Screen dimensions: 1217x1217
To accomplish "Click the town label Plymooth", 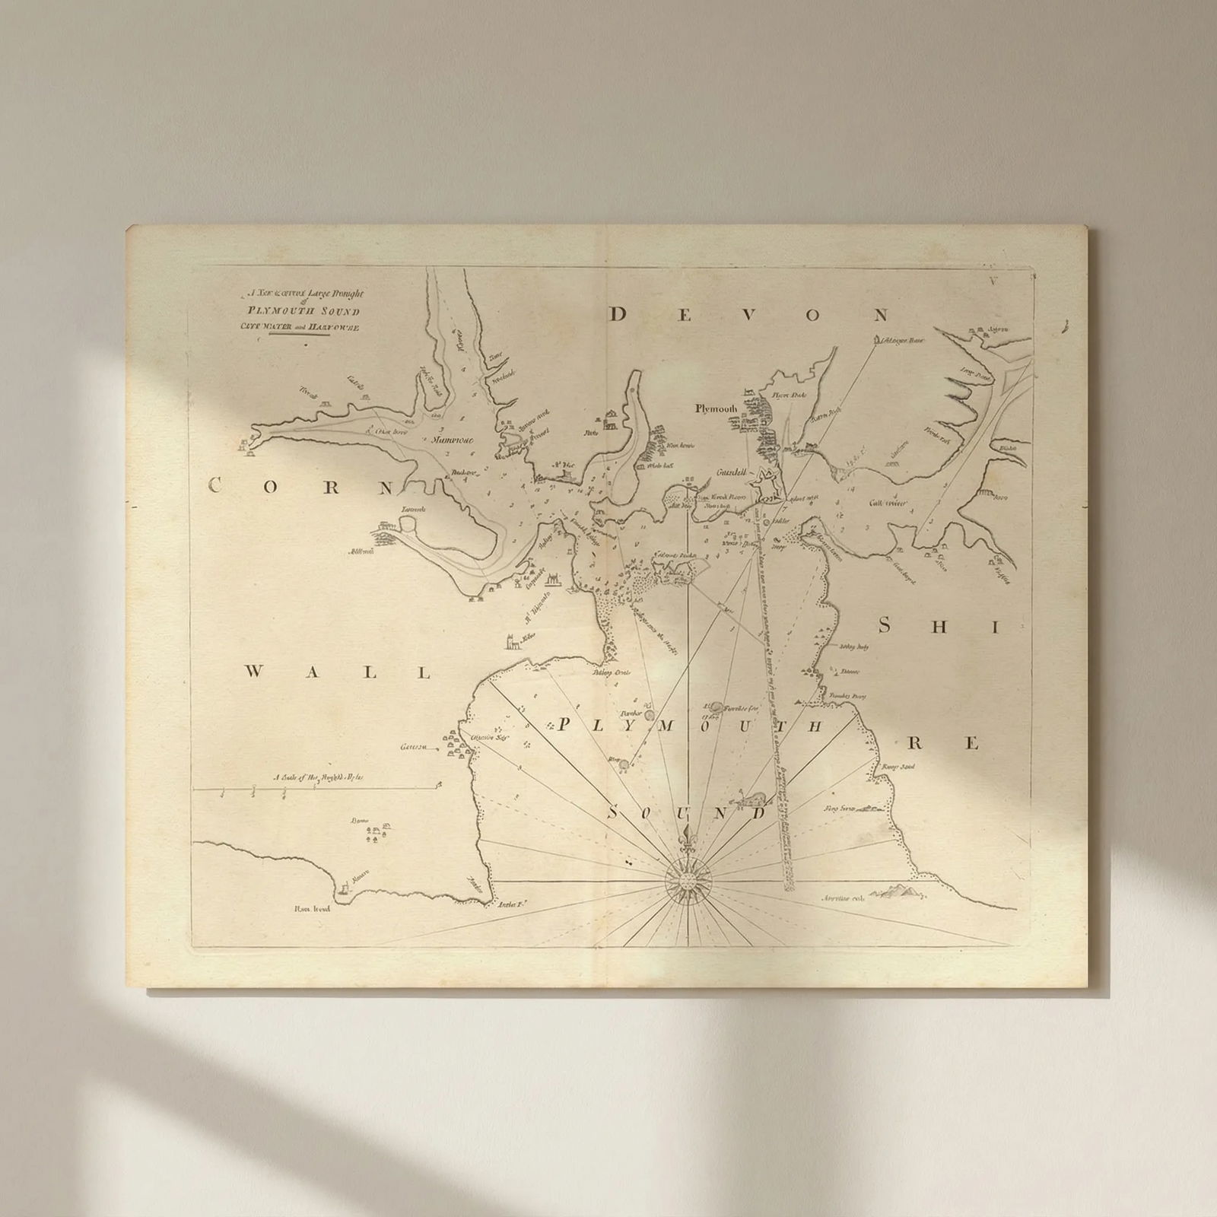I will (x=717, y=408).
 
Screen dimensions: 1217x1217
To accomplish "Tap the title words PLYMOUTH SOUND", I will (x=302, y=311).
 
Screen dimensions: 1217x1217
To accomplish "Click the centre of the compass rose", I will (x=688, y=880).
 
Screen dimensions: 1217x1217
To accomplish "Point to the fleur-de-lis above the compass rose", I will (x=688, y=834).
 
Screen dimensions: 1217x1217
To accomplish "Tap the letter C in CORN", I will (x=216, y=486).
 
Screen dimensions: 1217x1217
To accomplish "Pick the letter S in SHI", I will (x=885, y=626).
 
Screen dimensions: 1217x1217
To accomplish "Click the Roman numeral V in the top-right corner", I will (x=993, y=281).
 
